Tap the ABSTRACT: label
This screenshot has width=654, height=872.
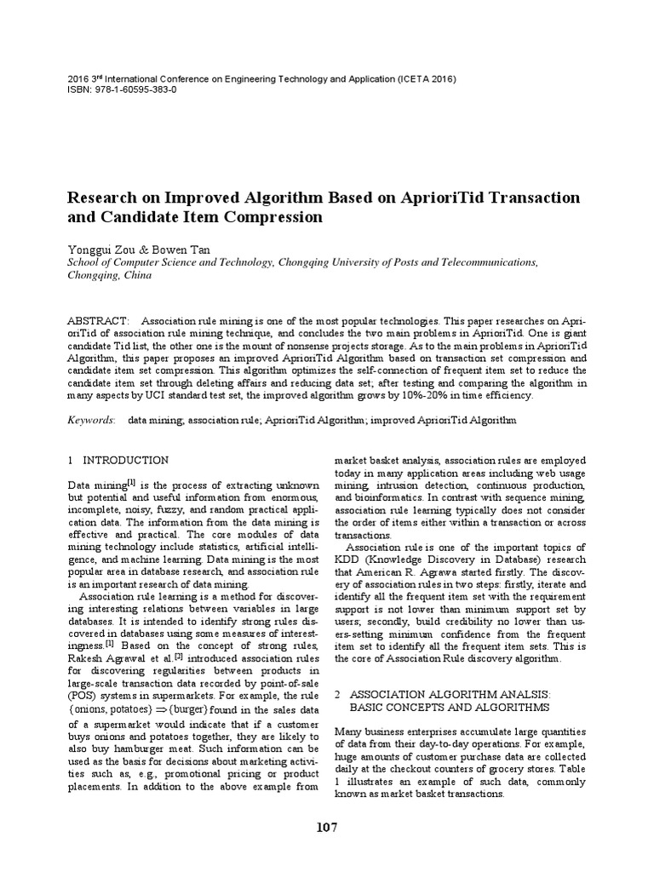coord(98,318)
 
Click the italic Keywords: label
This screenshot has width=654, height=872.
coord(90,420)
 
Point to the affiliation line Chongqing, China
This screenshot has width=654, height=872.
coord(109,277)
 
